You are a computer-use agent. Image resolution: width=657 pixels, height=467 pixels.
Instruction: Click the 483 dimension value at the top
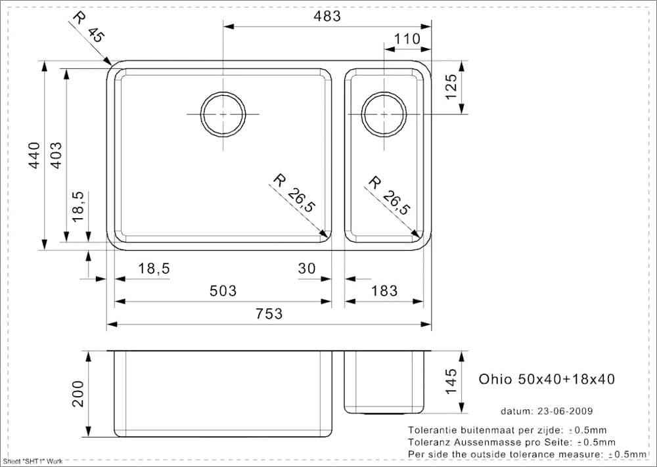[327, 16]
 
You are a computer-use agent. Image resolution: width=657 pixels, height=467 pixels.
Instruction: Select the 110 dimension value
[407, 39]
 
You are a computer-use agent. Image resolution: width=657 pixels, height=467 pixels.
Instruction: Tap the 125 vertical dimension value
[451, 87]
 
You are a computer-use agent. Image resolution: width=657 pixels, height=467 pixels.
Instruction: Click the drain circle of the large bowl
[223, 114]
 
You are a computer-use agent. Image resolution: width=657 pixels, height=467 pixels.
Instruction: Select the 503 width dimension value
[223, 290]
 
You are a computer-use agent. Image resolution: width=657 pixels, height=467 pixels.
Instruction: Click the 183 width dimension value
[384, 290]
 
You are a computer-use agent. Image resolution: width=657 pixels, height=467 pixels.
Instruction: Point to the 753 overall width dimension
[269, 313]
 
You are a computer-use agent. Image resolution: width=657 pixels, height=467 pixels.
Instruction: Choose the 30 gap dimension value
[307, 268]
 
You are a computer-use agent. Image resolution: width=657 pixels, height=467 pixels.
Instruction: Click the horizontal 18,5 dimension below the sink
[154, 268]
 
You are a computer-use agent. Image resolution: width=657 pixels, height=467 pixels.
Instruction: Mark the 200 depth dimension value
[78, 393]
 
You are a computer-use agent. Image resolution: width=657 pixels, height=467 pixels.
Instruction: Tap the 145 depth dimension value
[451, 382]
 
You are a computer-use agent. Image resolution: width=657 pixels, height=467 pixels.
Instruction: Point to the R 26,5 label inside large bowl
[294, 194]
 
